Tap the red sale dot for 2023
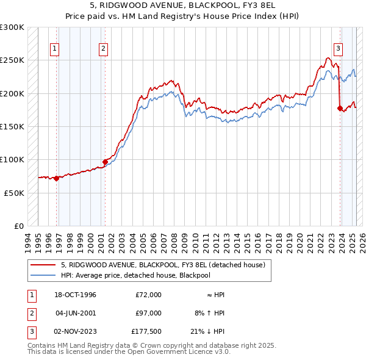(340, 108)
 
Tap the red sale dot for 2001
(105, 162)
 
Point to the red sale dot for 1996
(56, 178)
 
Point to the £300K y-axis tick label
(12, 27)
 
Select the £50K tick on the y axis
(14, 193)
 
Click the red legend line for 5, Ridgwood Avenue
(43, 265)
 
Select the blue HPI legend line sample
(43, 275)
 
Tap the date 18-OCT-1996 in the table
(76, 295)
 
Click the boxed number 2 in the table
(30, 313)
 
